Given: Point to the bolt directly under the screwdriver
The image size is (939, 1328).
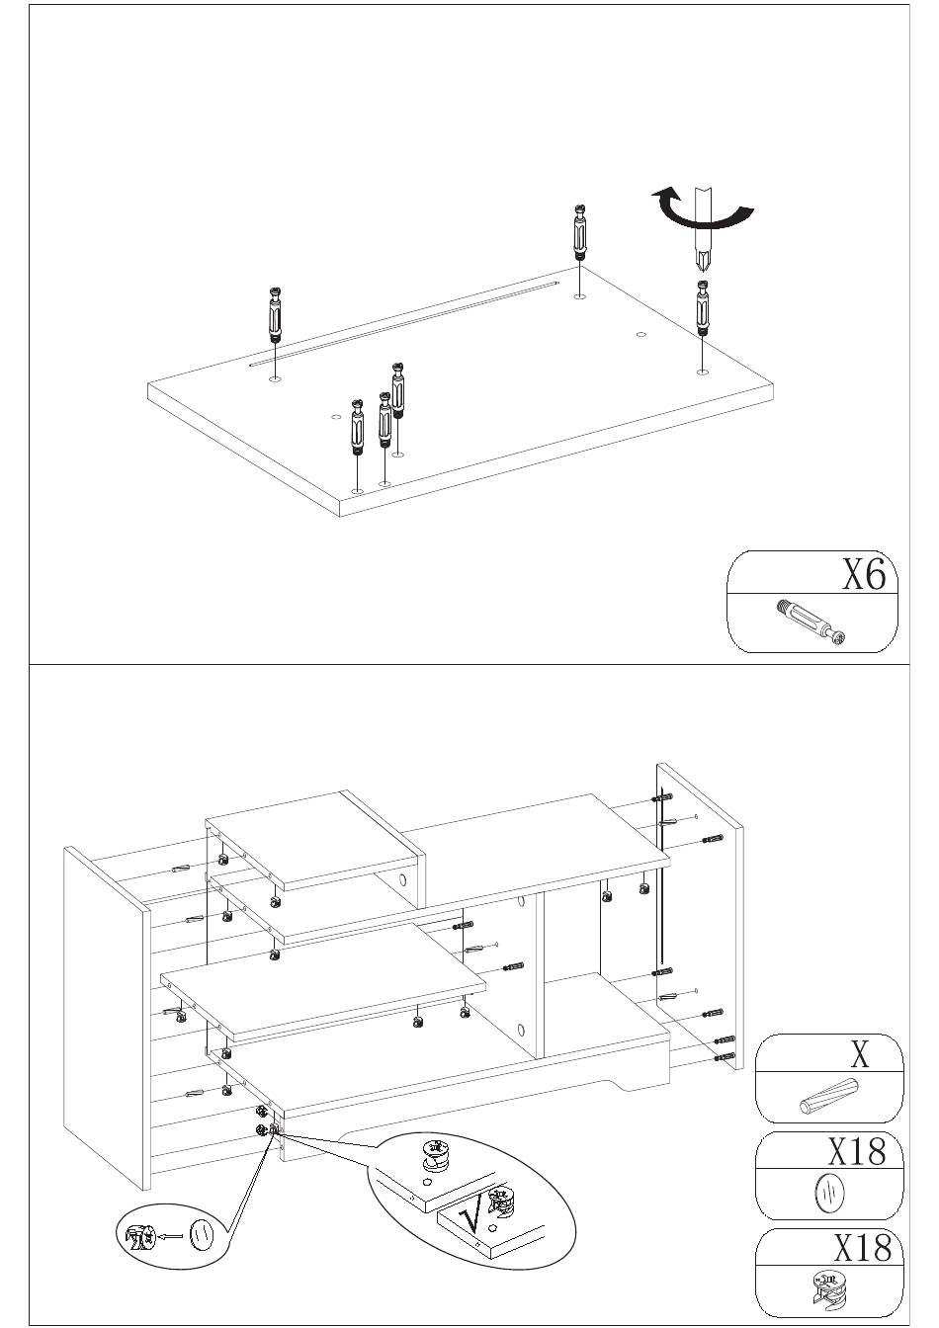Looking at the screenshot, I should coord(702,308).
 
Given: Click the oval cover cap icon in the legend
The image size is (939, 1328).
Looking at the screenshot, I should coord(828,1193).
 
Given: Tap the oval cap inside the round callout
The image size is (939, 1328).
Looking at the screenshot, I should coord(202,1234).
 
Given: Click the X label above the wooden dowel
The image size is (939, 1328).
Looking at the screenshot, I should coord(860,1055).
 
